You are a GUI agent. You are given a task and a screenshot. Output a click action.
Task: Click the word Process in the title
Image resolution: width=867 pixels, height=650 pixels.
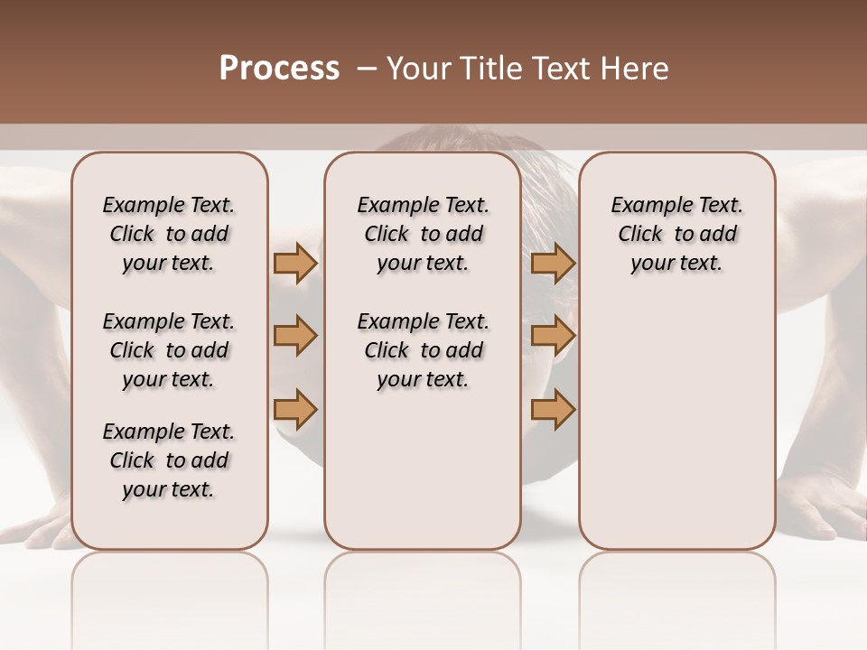[x=279, y=69]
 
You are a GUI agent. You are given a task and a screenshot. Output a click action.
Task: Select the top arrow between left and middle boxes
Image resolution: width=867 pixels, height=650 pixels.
[x=295, y=263]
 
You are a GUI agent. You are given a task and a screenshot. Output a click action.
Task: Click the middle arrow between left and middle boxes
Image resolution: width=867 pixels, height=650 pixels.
[x=295, y=337]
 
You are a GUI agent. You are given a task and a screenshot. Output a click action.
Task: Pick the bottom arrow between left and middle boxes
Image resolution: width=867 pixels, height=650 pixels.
[x=295, y=410]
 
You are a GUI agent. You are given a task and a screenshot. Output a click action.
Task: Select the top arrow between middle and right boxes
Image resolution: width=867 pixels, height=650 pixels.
[x=553, y=263]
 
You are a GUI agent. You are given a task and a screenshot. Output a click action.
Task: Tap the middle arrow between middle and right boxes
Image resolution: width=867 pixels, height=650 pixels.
[x=553, y=337]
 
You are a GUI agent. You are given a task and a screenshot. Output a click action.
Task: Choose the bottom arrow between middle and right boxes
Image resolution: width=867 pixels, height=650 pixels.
[x=553, y=410]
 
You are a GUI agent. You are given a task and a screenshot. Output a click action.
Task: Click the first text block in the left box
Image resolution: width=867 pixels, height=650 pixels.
[x=169, y=234]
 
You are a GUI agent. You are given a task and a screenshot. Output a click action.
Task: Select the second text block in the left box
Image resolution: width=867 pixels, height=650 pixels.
[x=169, y=350]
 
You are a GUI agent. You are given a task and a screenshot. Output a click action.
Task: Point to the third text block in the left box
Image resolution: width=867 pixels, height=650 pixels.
[x=169, y=460]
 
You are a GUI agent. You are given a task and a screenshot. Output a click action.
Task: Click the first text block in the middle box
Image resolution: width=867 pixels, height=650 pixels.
[x=423, y=234]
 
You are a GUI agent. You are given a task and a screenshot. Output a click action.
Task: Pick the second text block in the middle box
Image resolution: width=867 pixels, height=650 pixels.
[x=423, y=350]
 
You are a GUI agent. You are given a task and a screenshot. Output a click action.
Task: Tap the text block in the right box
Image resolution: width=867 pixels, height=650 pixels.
[x=676, y=234]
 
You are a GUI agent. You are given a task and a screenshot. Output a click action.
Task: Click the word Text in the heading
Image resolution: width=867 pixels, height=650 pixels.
[x=562, y=69]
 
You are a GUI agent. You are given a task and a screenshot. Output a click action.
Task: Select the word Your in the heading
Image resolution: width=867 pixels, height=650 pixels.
[x=419, y=69]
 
